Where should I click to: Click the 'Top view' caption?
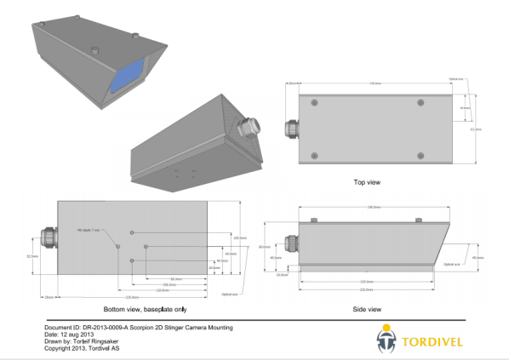[367, 181]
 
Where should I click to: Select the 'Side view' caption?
[367, 308]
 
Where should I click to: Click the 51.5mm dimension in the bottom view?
[31, 254]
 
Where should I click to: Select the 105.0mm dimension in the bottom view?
[240, 237]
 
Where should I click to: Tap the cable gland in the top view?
[293, 129]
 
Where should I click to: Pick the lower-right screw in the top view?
[420, 155]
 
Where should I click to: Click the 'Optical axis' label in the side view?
[454, 265]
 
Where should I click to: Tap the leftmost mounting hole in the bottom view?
[117, 246]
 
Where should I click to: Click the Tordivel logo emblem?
[386, 341]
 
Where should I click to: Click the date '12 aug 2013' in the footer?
[74, 334]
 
